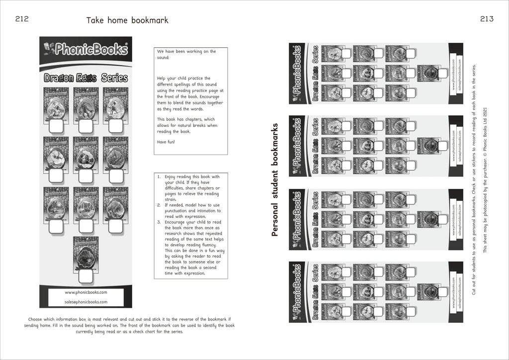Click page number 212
click(x=22, y=19)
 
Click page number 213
click(x=487, y=19)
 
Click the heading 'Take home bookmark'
click(x=127, y=20)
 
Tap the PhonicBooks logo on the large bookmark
click(x=85, y=49)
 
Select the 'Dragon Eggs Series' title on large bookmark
click(x=85, y=78)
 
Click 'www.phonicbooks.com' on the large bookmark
click(x=86, y=292)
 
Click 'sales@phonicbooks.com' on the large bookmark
click(x=86, y=302)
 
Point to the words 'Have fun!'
click(x=166, y=142)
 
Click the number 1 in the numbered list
click(x=158, y=177)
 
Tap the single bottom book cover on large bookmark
click(x=86, y=252)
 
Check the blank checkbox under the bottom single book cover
click(x=86, y=276)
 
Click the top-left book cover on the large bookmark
click(x=56, y=102)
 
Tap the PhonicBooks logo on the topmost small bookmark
click(x=297, y=72)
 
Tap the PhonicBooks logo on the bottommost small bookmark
click(x=297, y=291)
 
